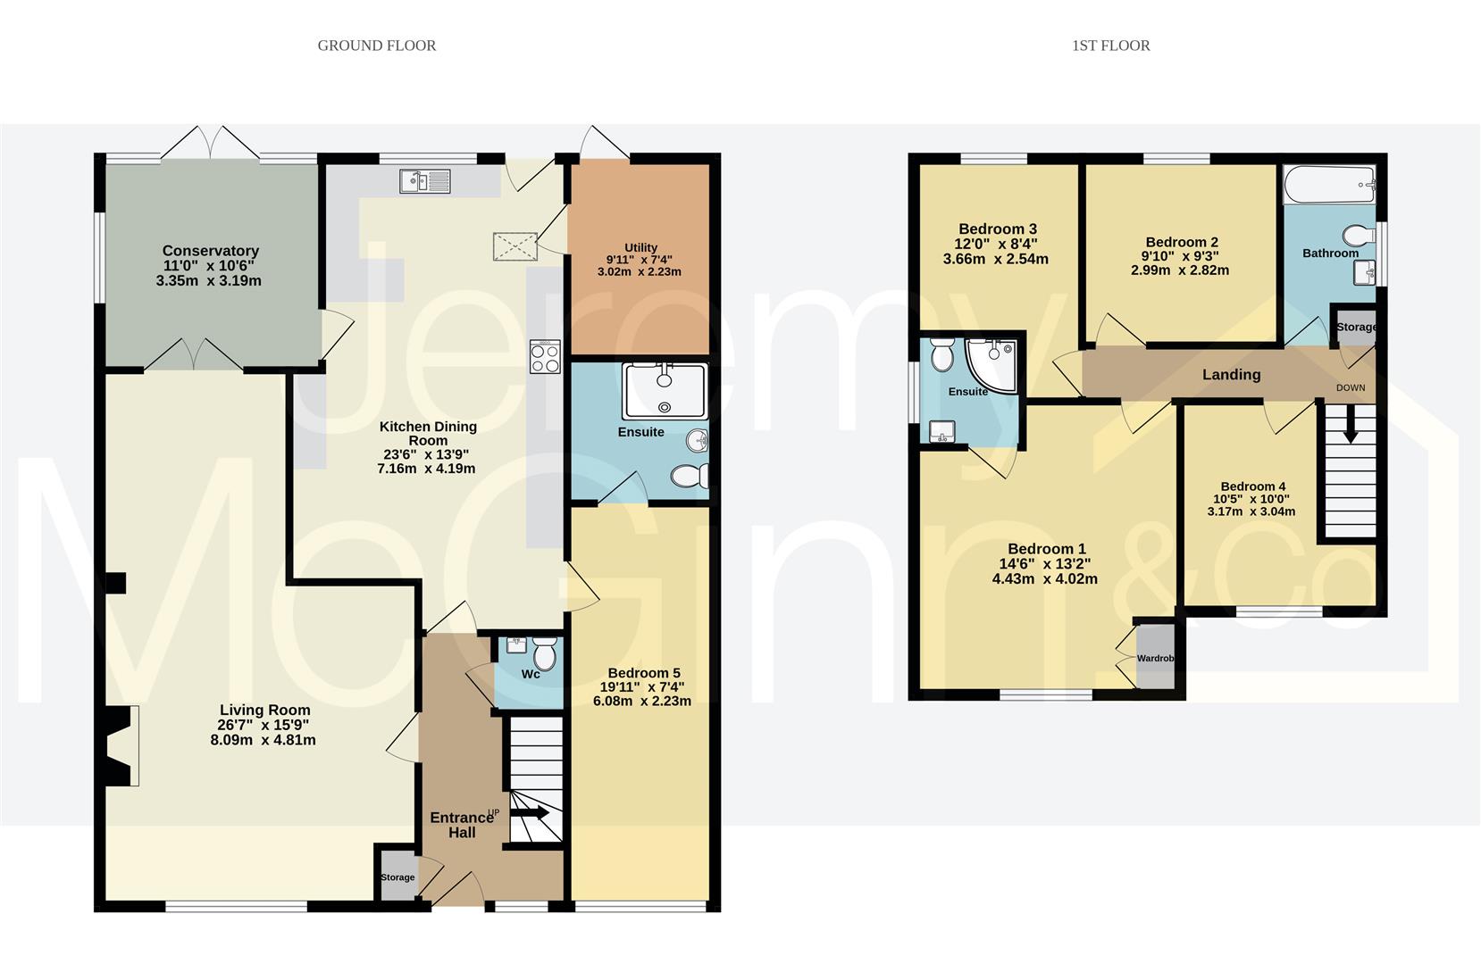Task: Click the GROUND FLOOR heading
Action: click(x=376, y=46)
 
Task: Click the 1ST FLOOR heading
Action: click(x=1110, y=46)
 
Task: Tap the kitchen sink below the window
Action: click(x=426, y=181)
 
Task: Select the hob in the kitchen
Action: click(x=545, y=357)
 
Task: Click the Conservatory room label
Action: click(x=211, y=252)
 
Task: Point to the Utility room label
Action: click(x=640, y=248)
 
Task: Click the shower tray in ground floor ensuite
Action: click(x=665, y=391)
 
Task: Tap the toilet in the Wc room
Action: click(x=544, y=658)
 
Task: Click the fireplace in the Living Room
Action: click(x=122, y=745)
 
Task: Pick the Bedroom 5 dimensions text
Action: click(x=642, y=694)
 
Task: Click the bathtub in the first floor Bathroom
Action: click(x=1328, y=184)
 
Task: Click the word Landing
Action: click(x=1231, y=375)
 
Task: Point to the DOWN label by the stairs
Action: click(x=1350, y=388)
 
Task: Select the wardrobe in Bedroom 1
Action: click(x=1155, y=657)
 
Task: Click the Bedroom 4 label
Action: click(x=1252, y=486)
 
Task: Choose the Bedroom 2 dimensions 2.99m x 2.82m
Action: click(x=1179, y=270)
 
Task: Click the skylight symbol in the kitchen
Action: click(x=515, y=246)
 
